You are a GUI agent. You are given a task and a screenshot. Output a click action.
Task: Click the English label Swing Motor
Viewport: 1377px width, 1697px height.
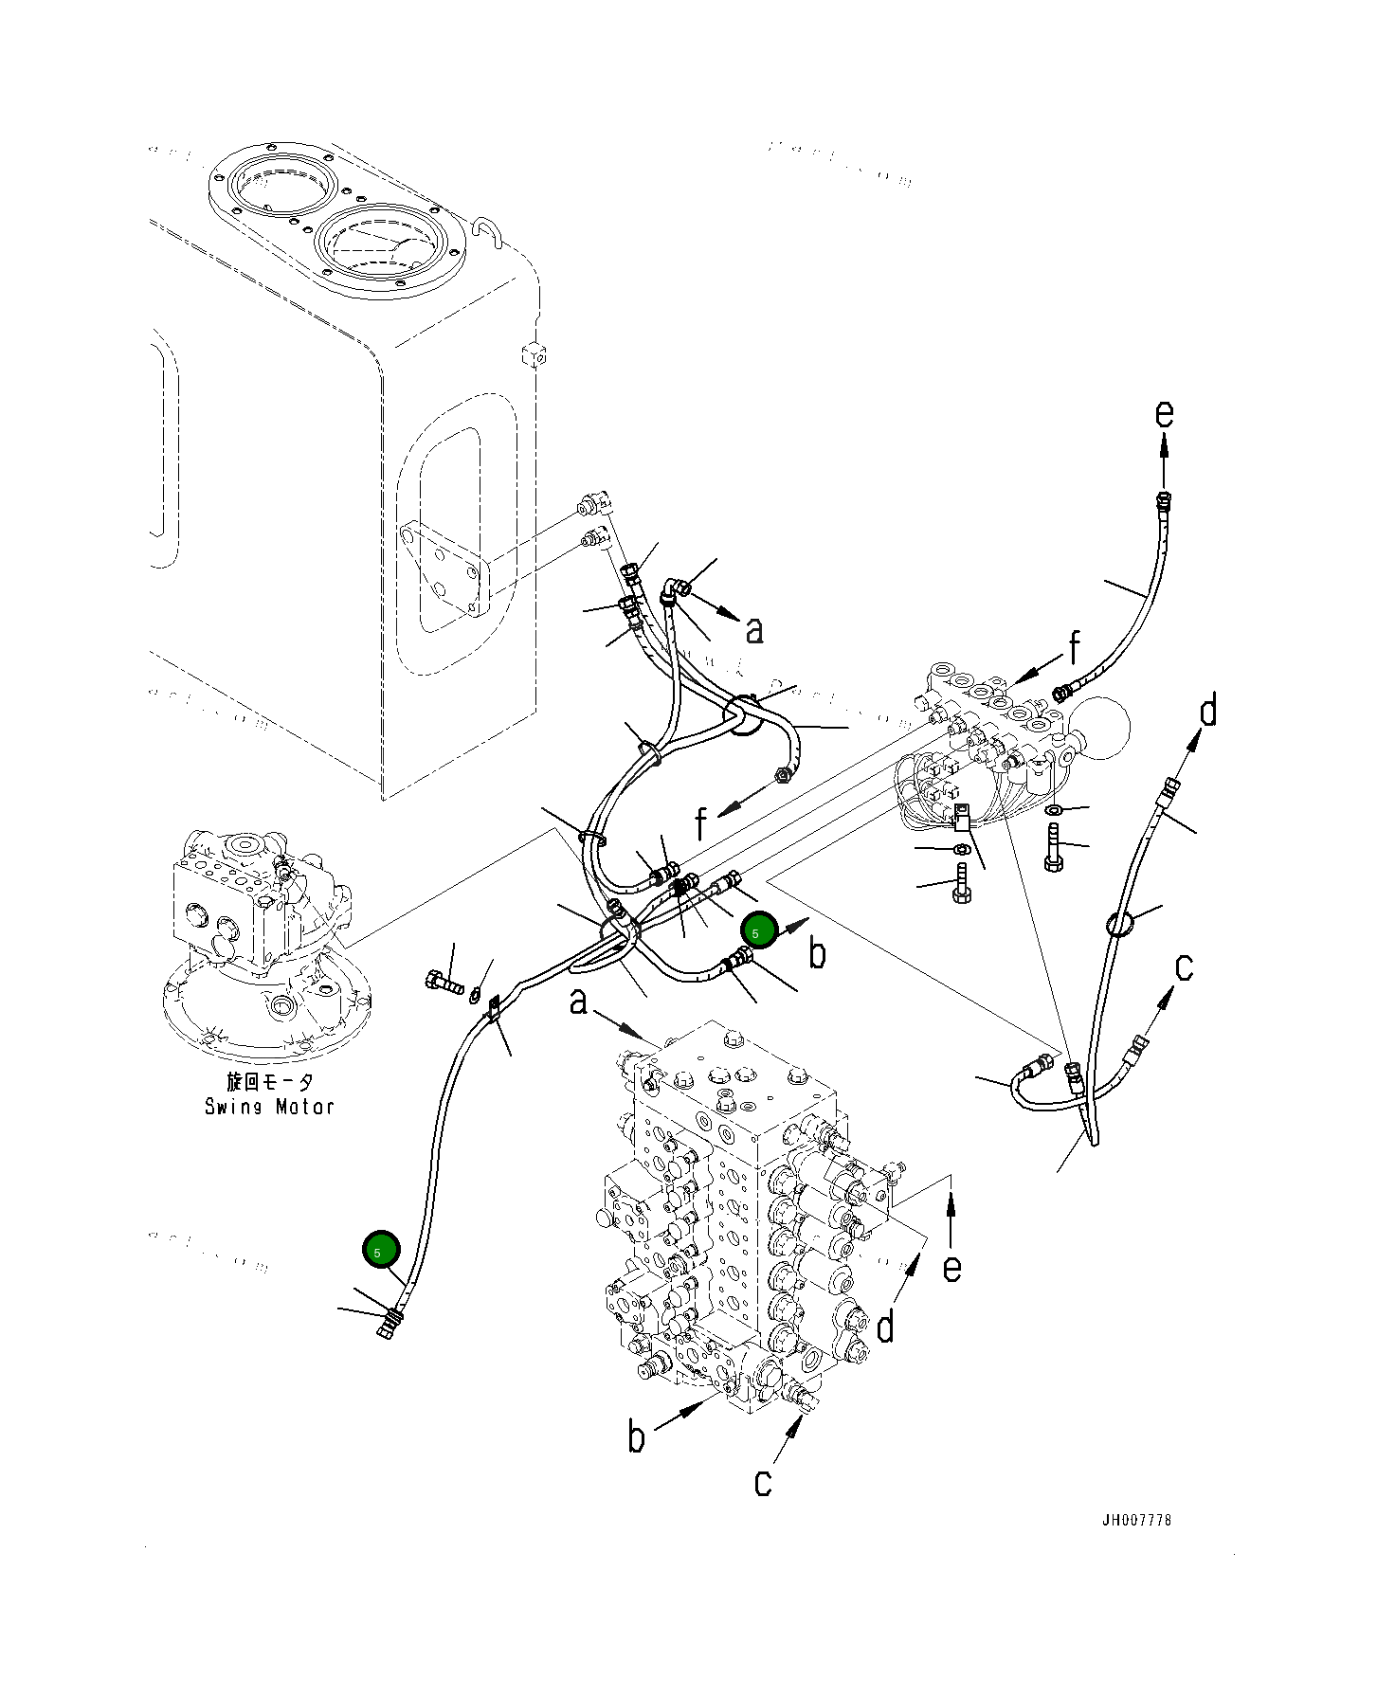(x=269, y=1107)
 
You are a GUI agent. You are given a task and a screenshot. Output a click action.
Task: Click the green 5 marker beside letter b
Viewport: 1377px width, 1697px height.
(x=758, y=932)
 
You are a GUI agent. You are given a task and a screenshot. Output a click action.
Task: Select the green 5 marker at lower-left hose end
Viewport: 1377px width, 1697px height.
(x=381, y=1251)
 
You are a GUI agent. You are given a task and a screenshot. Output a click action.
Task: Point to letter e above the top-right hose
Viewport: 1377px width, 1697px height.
(x=1164, y=415)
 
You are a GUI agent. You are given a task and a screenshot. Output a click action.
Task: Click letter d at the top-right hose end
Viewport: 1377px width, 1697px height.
(x=1208, y=711)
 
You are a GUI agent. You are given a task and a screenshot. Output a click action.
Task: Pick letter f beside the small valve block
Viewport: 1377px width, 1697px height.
(x=1074, y=649)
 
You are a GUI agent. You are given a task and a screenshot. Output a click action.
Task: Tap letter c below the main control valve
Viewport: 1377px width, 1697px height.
(x=763, y=1482)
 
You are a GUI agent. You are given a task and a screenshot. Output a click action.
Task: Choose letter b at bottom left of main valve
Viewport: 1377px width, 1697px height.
(x=637, y=1437)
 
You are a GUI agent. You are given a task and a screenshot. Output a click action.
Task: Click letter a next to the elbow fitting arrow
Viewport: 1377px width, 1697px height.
(x=753, y=630)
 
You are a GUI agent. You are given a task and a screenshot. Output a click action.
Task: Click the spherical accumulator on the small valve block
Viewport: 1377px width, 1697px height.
(x=1102, y=728)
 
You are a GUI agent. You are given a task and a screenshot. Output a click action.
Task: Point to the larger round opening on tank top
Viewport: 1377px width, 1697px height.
(x=384, y=248)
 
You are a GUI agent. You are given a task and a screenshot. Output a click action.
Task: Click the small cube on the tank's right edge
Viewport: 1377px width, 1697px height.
(x=534, y=354)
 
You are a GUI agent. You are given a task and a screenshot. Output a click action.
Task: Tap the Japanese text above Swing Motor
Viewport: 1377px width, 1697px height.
(x=269, y=1081)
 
